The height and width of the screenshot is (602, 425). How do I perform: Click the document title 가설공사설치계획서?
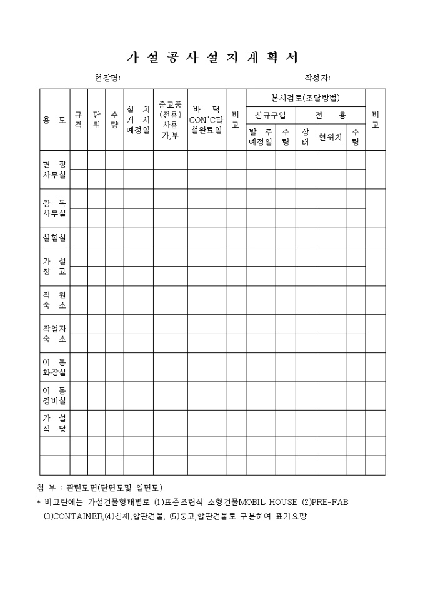coord(212,57)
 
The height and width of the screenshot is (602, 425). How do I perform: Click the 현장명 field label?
coord(107,78)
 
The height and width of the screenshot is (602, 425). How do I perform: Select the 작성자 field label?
coord(317,78)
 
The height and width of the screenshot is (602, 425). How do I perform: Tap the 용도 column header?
coord(54,120)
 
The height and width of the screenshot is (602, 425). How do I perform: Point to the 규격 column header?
coord(78,120)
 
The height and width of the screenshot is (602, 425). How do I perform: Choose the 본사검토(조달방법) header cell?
coord(305,98)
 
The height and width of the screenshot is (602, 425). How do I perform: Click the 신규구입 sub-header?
coord(270,116)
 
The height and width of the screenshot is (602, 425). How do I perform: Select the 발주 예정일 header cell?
coord(260,137)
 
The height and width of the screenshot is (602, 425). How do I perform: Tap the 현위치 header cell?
coord(330,137)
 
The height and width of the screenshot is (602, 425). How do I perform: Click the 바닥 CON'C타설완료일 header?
coord(206,120)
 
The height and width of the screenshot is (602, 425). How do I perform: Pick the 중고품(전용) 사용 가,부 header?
coord(170,120)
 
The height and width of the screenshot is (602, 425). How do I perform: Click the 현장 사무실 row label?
coord(54,170)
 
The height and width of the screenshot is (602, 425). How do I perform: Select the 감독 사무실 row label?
coord(54,208)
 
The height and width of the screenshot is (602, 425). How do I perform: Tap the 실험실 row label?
coord(54,237)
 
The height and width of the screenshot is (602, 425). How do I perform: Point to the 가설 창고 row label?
coord(54,266)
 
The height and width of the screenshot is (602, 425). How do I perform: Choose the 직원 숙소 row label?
coord(54,300)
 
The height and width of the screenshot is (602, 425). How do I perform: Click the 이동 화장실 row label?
coord(54,367)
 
